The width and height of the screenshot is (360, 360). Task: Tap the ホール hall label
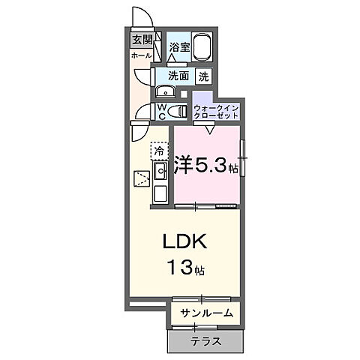[141, 55]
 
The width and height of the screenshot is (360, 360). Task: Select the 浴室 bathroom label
[178, 47]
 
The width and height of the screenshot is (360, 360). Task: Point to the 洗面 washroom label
[178, 76]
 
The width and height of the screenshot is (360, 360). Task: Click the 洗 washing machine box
[204, 76]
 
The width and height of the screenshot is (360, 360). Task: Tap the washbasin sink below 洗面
[166, 92]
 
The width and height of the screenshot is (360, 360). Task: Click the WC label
[161, 112]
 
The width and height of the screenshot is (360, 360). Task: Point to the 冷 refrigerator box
[159, 151]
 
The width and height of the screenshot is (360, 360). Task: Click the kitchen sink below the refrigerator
[160, 172]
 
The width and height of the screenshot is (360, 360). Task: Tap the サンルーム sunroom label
[205, 313]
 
